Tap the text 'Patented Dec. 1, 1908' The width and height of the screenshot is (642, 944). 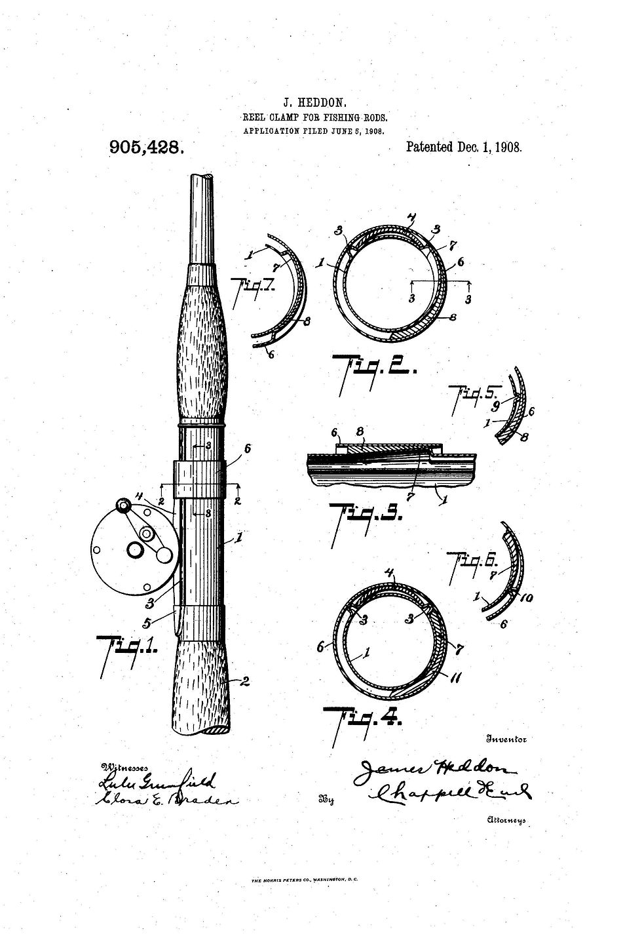click(464, 147)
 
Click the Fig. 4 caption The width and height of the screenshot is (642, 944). click(364, 718)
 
